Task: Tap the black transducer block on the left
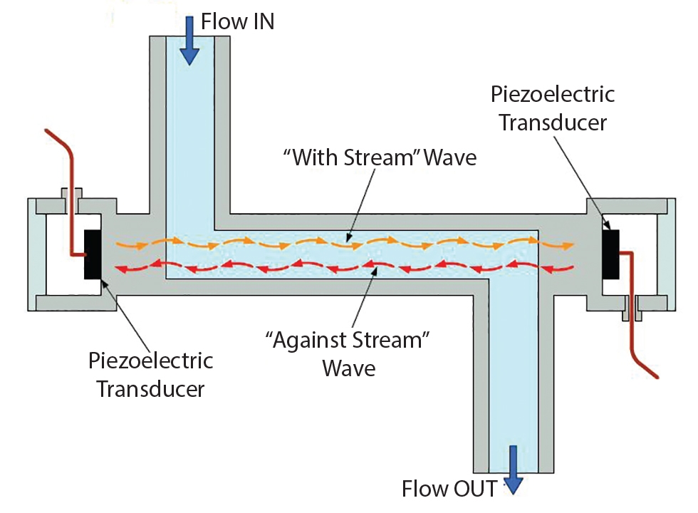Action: click(93, 254)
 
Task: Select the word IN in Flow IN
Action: click(259, 21)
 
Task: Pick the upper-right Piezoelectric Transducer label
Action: click(552, 108)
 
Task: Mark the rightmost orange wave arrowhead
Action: click(567, 247)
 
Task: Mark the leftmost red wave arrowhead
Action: click(122, 269)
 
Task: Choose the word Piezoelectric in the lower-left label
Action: click(150, 361)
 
